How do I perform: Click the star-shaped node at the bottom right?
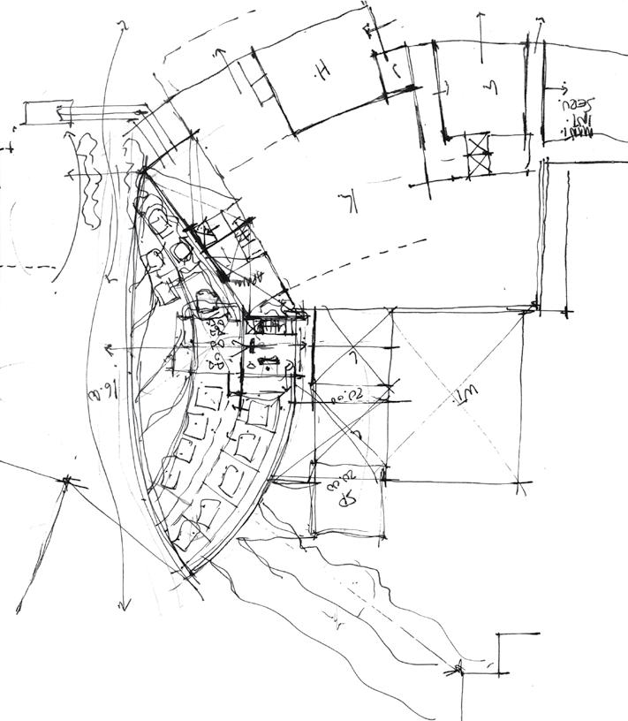458,669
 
